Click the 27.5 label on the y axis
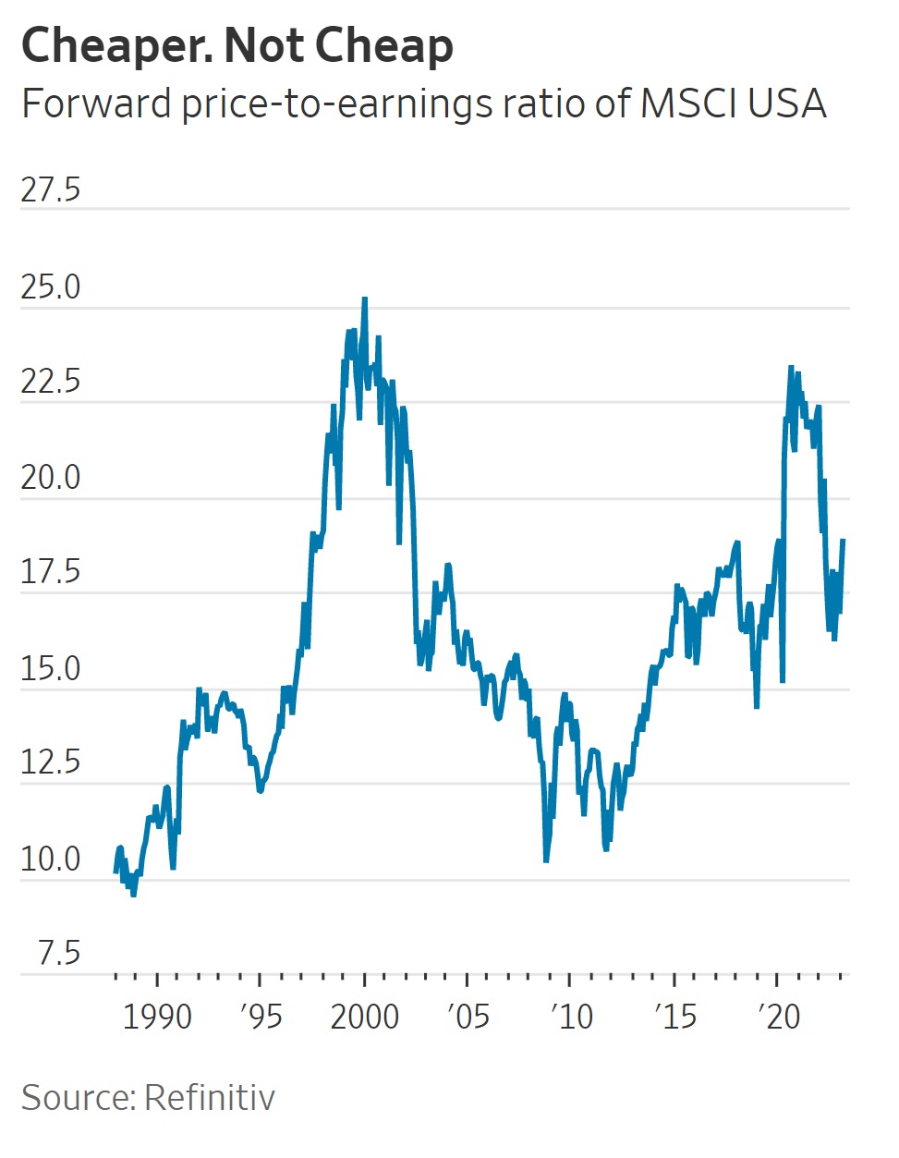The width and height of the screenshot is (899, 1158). point(51,189)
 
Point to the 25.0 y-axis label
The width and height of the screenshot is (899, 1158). point(51,287)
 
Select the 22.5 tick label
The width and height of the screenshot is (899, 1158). point(51,382)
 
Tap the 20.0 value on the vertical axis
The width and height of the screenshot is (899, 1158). point(51,478)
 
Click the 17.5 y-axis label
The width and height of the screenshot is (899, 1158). point(51,572)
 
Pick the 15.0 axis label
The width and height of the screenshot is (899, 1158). point(51,668)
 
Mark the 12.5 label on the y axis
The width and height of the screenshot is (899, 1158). point(51,762)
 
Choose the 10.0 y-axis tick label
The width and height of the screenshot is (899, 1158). point(51,859)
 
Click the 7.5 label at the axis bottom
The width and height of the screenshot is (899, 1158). point(59,953)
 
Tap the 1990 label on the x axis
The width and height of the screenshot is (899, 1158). point(157,1017)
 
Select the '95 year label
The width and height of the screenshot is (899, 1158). point(261,1017)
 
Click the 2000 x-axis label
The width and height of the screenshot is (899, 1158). point(365,1017)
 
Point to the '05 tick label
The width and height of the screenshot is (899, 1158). point(468,1017)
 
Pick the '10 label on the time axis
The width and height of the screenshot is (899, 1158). point(571,1017)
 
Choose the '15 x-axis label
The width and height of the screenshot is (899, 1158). point(674,1017)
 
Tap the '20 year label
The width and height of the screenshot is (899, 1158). point(778,1017)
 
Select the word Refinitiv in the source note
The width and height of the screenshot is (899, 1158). point(210,1098)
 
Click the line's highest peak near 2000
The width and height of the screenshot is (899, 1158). point(365,299)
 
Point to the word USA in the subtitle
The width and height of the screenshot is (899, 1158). point(786,104)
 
